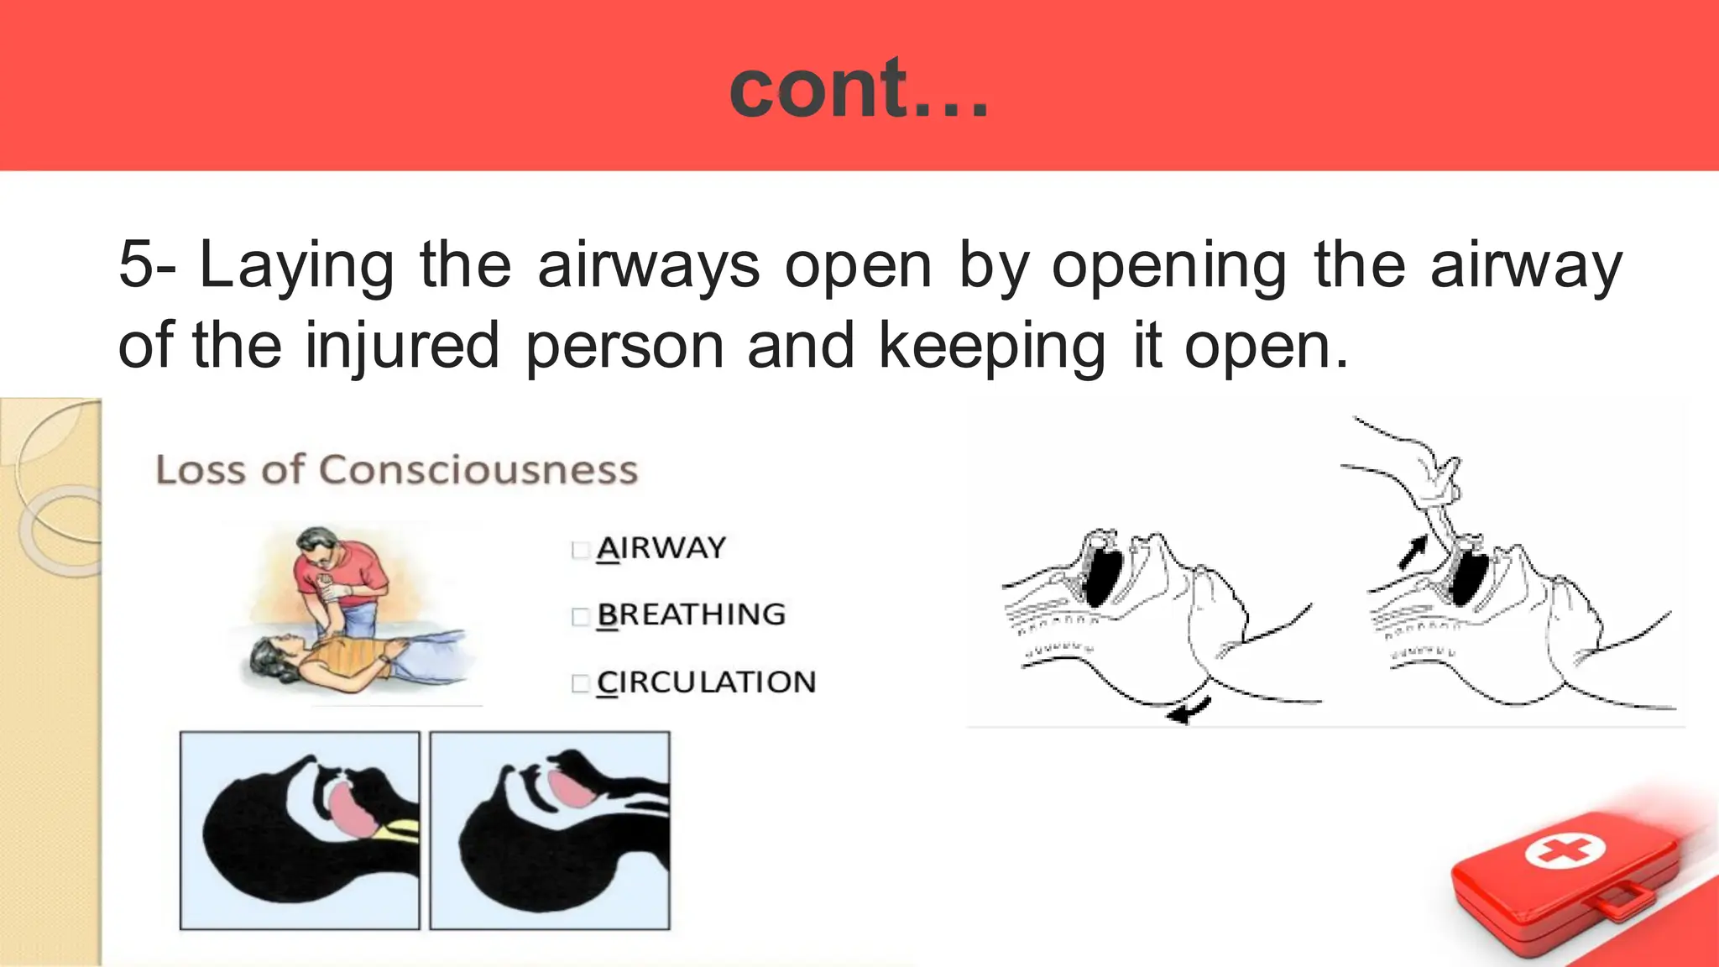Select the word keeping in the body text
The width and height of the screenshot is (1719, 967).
pyautogui.click(x=991, y=346)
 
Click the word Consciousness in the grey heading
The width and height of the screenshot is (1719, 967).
pyautogui.click(x=478, y=470)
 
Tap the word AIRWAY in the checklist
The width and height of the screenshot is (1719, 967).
pyautogui.click(x=661, y=548)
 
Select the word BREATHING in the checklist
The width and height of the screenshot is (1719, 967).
pyautogui.click(x=692, y=614)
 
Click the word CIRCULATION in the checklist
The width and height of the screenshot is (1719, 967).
pyautogui.click(x=707, y=682)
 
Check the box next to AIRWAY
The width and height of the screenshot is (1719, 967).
pyautogui.click(x=580, y=550)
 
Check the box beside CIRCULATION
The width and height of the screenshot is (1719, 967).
pyautogui.click(x=580, y=684)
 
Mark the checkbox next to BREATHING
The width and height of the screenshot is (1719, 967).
pyautogui.click(x=580, y=617)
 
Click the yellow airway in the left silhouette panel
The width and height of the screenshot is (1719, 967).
pyautogui.click(x=398, y=830)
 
